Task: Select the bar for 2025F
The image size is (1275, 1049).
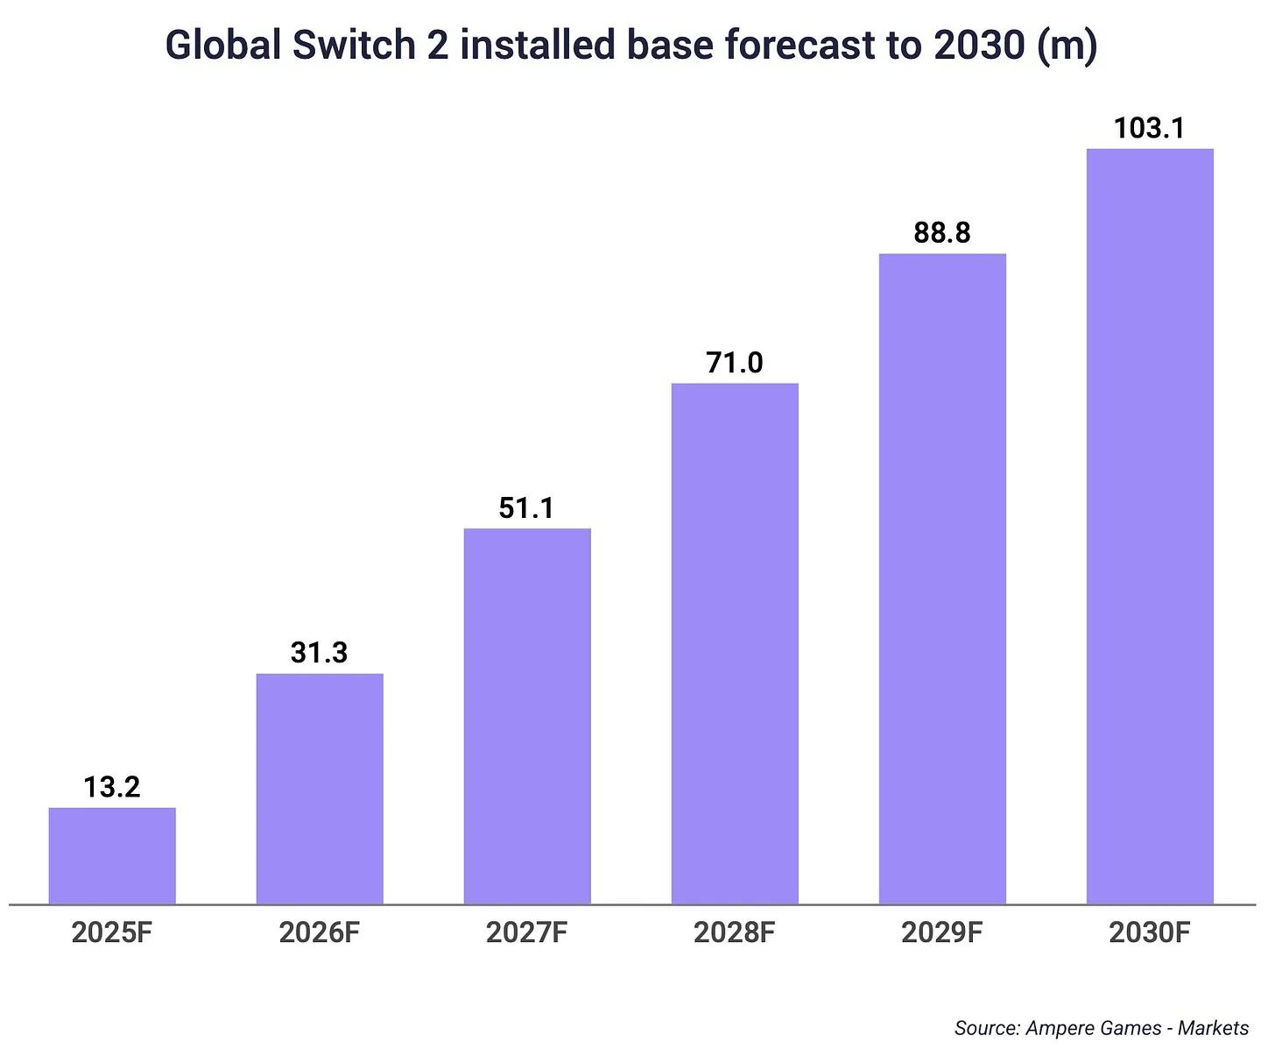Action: [112, 855]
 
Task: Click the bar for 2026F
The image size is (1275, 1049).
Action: [320, 789]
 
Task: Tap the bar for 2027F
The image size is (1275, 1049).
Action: [527, 716]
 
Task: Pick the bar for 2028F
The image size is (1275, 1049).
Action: [735, 643]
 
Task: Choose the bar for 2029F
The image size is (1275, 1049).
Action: [942, 578]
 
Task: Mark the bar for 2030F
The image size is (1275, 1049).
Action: [1150, 526]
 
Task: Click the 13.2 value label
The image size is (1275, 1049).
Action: [112, 787]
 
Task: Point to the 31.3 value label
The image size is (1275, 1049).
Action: [320, 653]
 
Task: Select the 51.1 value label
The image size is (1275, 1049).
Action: [527, 508]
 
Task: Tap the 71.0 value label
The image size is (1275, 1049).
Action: [735, 363]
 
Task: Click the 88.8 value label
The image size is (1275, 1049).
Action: [942, 233]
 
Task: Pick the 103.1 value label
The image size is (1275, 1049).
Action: [1150, 129]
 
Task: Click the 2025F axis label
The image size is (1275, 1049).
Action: [112, 932]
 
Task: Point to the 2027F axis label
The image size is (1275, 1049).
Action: [527, 932]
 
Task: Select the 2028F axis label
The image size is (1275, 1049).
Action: [735, 932]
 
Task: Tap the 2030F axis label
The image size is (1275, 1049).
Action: [1150, 932]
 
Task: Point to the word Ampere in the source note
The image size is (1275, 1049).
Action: [1058, 1027]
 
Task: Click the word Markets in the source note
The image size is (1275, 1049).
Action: [1213, 1027]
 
